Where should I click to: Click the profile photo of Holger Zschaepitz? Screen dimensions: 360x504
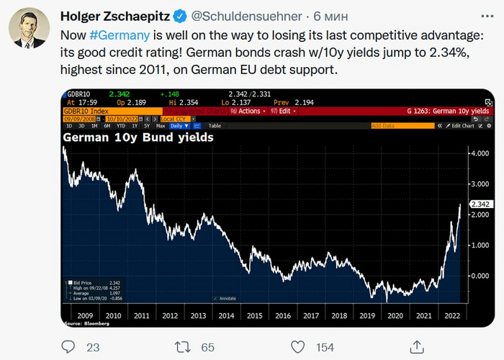point(29,29)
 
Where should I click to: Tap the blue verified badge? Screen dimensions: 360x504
point(181,16)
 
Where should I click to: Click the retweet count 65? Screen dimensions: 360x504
point(207,347)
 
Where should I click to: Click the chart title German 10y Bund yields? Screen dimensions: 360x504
point(138,137)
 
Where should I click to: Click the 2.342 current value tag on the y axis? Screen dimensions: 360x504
point(480,204)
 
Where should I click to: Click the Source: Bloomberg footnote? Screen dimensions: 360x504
point(82,324)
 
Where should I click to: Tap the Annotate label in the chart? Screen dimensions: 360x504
point(228,298)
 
